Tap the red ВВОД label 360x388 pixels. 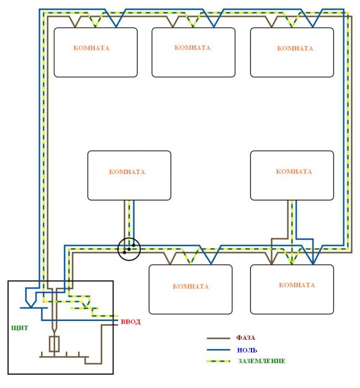click(x=131, y=321)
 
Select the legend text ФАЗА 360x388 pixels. click(x=245, y=337)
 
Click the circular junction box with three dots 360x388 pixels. click(x=128, y=249)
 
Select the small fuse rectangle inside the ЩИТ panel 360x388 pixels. click(x=54, y=344)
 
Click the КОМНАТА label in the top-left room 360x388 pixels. click(x=91, y=48)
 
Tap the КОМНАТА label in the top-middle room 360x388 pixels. click(x=192, y=48)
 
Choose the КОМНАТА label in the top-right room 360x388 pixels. click(x=295, y=48)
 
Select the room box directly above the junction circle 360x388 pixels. click(x=129, y=175)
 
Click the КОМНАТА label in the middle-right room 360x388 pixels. click(x=294, y=172)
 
